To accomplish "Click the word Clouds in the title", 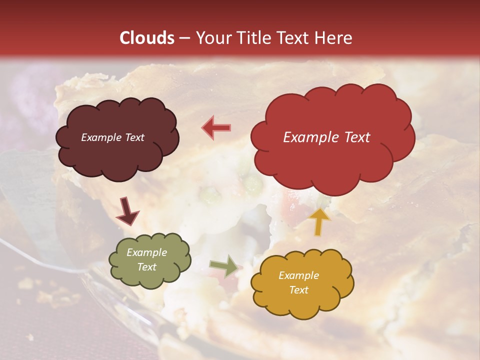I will pyautogui.click(x=147, y=38).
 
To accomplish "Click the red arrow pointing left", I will pyautogui.click(x=216, y=128).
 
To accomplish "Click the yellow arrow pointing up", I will pyautogui.click(x=319, y=221).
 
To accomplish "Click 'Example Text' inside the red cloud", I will pyautogui.click(x=326, y=137).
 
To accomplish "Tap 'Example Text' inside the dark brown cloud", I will pyautogui.click(x=112, y=137).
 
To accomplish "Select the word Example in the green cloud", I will pyautogui.click(x=146, y=252).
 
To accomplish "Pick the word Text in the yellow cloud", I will pyautogui.click(x=299, y=290).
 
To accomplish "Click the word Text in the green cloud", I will pyautogui.click(x=146, y=267).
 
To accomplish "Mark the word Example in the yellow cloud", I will pyautogui.click(x=298, y=275).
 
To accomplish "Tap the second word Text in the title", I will pyautogui.click(x=293, y=38).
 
